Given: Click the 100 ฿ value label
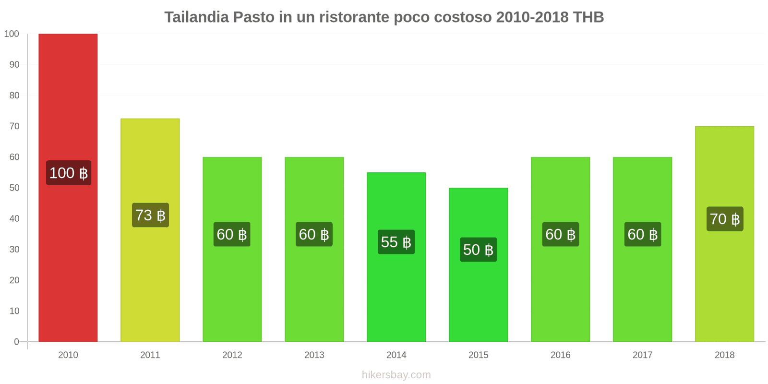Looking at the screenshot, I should pos(69,173).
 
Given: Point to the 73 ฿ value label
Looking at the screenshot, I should pos(150,215).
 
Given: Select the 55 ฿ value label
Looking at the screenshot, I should pos(396,242).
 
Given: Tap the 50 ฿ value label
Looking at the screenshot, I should pos(478,250).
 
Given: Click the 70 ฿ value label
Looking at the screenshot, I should pos(725,219).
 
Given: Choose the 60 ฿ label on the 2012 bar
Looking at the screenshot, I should pos(232,234).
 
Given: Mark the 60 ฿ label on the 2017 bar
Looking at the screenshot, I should pos(642,234).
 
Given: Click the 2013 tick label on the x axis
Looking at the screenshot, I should pos(314,355).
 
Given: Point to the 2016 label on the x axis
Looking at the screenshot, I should pos(560,355).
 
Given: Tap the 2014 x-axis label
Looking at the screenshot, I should pos(396,355).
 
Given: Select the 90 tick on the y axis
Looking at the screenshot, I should pos(14,64).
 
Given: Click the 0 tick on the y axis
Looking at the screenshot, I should pos(16,342).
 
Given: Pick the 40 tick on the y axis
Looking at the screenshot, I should pos(14,218).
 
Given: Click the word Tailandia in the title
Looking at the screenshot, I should pos(196,17).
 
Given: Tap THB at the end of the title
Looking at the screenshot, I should pos(588,17).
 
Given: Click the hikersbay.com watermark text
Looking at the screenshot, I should pos(396,375).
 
